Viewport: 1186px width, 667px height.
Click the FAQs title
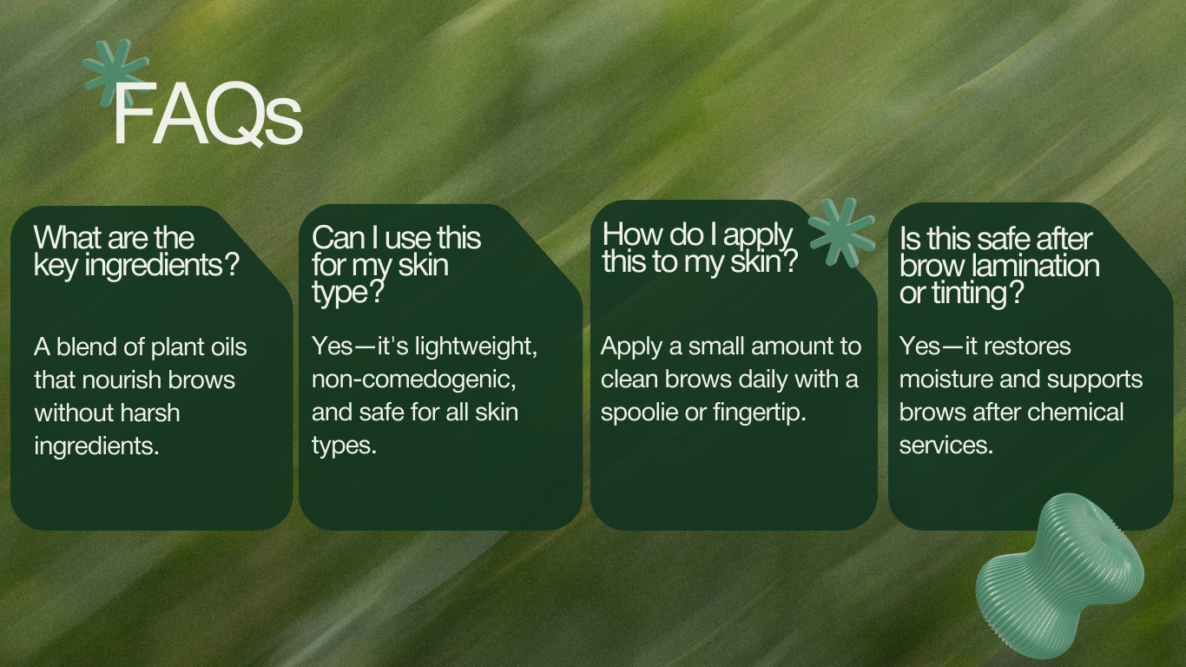tap(207, 114)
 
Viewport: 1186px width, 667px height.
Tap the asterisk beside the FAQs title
tap(115, 74)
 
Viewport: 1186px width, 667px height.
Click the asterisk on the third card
tap(842, 233)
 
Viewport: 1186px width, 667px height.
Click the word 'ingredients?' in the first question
tap(162, 265)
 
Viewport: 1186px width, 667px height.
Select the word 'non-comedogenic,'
tap(414, 380)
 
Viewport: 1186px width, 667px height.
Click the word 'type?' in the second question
tap(347, 293)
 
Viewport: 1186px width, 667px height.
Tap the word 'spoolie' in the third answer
tap(639, 413)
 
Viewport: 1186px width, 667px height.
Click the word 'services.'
tap(946, 446)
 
